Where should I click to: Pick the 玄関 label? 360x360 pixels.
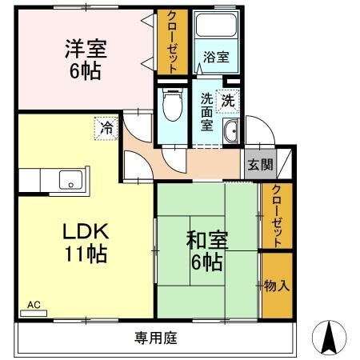coord(260,165)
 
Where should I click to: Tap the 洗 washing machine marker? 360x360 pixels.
coord(228,102)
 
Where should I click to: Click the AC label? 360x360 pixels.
coord(34,305)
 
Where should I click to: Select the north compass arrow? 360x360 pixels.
coord(328,337)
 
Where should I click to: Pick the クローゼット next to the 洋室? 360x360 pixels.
coord(172,41)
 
